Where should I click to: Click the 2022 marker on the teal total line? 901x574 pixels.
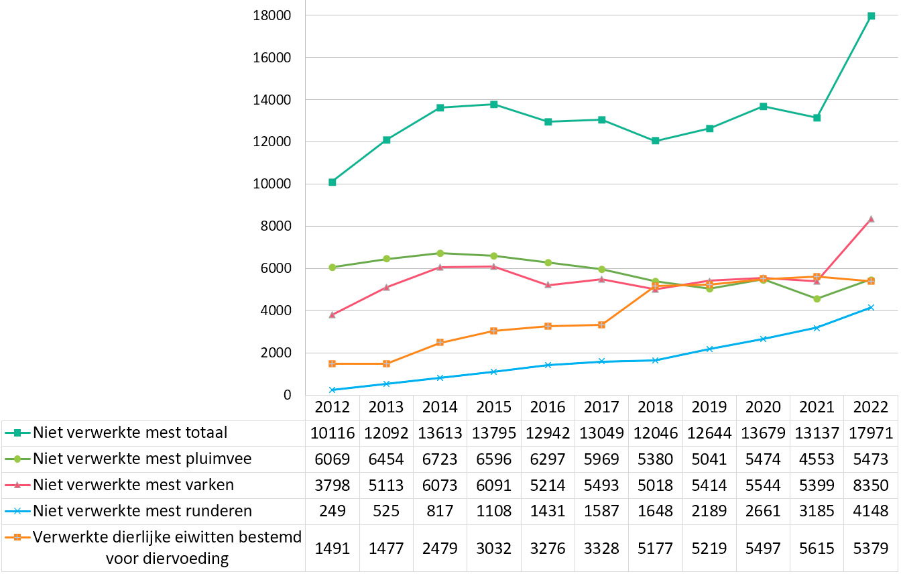pyautogui.click(x=871, y=16)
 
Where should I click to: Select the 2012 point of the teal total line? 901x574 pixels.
pyautogui.click(x=333, y=182)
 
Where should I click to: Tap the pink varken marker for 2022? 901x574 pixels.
pyautogui.click(x=871, y=219)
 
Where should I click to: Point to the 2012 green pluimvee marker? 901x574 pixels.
pyautogui.click(x=333, y=267)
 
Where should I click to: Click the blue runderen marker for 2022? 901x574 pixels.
pyautogui.click(x=871, y=307)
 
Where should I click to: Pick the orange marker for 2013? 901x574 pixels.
pyautogui.click(x=386, y=363)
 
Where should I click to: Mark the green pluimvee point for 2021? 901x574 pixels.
pyautogui.click(x=817, y=298)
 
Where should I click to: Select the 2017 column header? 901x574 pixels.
pyautogui.click(x=601, y=408)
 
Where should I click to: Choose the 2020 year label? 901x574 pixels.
pyautogui.click(x=763, y=408)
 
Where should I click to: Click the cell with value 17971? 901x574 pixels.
pyautogui.click(x=871, y=433)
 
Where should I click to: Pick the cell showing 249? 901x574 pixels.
pyautogui.click(x=333, y=511)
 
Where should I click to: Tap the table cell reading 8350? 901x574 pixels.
pyautogui.click(x=871, y=485)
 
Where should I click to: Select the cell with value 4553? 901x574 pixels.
pyautogui.click(x=817, y=459)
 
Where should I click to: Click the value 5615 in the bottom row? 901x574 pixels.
pyautogui.click(x=817, y=548)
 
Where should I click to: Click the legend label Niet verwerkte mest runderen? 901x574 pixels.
pyautogui.click(x=142, y=511)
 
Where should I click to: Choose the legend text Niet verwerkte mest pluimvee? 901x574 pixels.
pyautogui.click(x=142, y=459)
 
